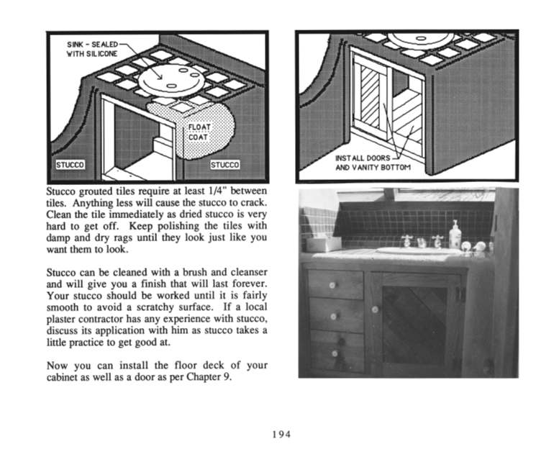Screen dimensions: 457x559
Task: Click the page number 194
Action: click(280, 433)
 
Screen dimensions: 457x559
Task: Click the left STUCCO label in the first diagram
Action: click(70, 165)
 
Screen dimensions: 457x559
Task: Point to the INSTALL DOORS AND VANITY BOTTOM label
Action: click(373, 163)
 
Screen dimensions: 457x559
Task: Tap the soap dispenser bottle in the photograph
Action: click(455, 235)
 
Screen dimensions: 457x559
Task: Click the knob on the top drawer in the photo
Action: click(332, 285)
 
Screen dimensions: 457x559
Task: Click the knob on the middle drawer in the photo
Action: click(333, 316)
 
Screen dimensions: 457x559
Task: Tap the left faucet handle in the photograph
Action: click(409, 240)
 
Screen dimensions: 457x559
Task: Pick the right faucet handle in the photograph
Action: click(437, 240)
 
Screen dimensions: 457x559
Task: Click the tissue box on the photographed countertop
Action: click(323, 243)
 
